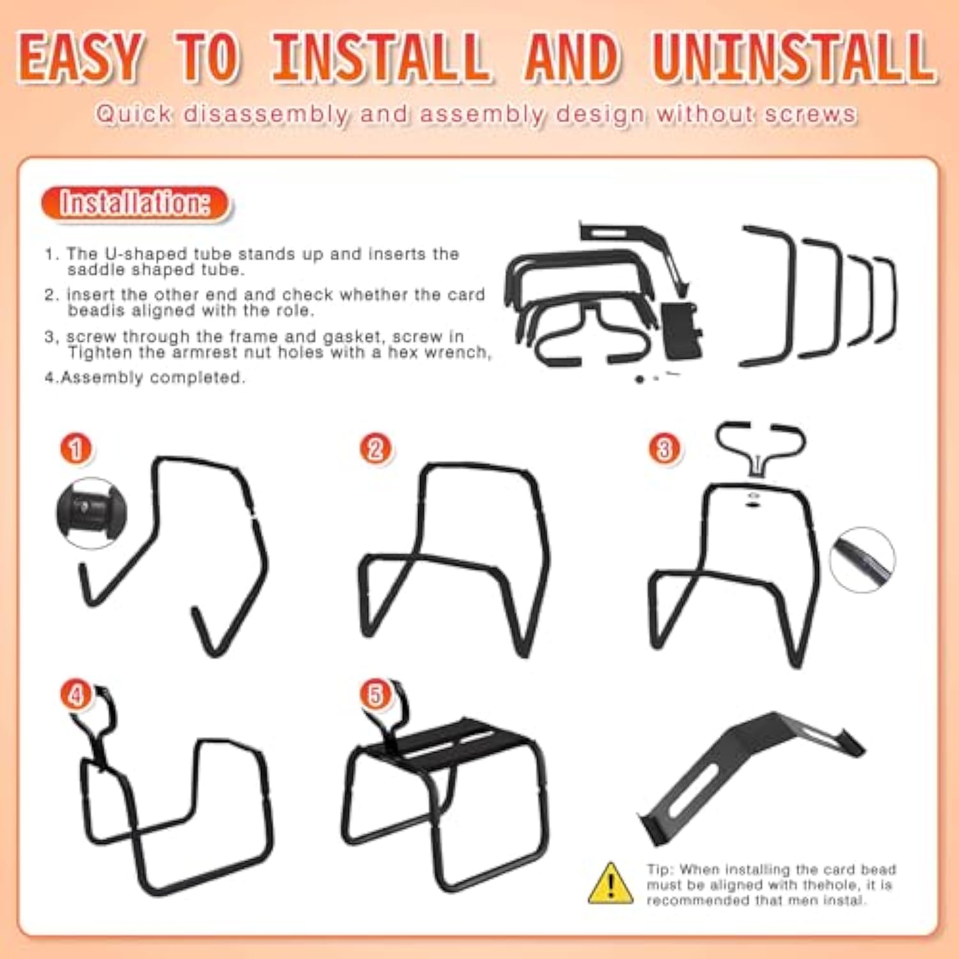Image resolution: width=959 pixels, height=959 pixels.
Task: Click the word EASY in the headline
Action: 79,57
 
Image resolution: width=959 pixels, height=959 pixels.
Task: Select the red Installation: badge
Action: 135,203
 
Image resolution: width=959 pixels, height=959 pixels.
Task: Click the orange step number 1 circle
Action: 76,449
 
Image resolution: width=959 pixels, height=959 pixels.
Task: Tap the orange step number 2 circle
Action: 375,449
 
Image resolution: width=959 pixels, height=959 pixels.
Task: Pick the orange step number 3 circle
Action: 664,449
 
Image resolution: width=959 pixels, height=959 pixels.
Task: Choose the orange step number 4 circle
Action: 76,695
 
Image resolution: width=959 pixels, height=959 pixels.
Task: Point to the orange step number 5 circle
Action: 375,695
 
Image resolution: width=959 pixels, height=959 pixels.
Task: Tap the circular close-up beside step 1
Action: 91,513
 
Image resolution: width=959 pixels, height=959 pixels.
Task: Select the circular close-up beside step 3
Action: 862,559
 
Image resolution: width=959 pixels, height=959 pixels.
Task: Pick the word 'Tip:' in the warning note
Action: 660,869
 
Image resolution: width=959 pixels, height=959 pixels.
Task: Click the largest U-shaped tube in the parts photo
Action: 767,296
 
